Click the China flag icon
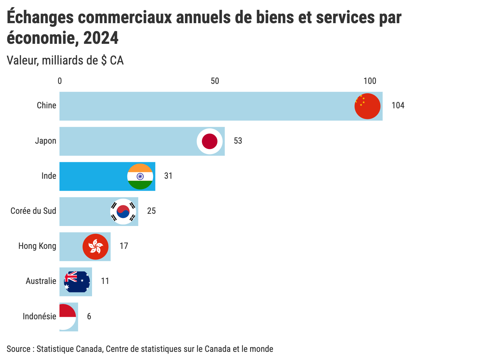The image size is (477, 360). (x=367, y=106)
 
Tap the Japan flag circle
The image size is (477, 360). (x=210, y=141)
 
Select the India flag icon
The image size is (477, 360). (x=140, y=177)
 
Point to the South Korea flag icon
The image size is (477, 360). (x=123, y=212)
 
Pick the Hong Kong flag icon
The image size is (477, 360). (x=95, y=247)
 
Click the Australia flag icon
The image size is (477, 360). (x=77, y=282)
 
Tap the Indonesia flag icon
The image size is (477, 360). (x=67, y=317)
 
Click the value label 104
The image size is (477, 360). (x=398, y=105)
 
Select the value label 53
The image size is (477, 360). (x=238, y=141)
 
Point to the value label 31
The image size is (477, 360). (x=168, y=176)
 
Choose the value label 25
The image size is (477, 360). (x=151, y=211)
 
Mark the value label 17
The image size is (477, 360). (x=124, y=246)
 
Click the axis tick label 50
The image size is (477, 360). (x=215, y=81)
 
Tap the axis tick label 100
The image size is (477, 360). (x=370, y=81)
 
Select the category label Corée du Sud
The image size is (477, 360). (x=33, y=211)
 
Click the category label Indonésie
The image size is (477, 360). (x=39, y=316)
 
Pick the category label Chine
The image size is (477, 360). (x=47, y=105)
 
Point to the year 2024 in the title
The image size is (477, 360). (x=101, y=38)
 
